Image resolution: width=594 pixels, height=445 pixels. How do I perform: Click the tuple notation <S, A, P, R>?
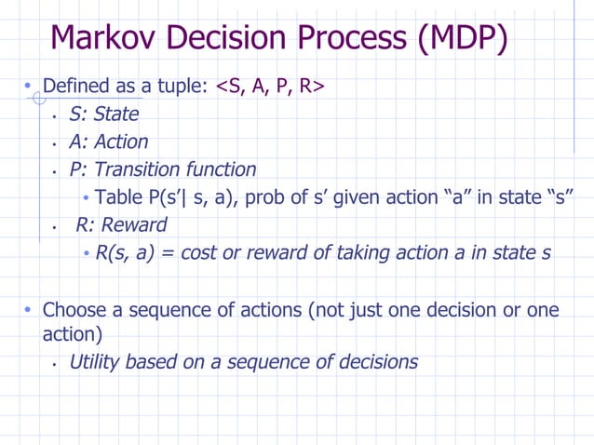pyautogui.click(x=270, y=87)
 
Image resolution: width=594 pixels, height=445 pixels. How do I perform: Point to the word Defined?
pyautogui.click(x=77, y=87)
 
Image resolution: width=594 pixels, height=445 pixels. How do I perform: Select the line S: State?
pyautogui.click(x=103, y=115)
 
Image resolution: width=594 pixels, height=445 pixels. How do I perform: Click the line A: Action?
pyautogui.click(x=108, y=142)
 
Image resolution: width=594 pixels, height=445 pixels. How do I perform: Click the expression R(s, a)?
pyautogui.click(x=126, y=253)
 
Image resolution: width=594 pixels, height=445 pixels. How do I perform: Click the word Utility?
pyautogui.click(x=96, y=362)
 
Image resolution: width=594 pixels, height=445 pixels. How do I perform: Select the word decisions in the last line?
pyautogui.click(x=376, y=362)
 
